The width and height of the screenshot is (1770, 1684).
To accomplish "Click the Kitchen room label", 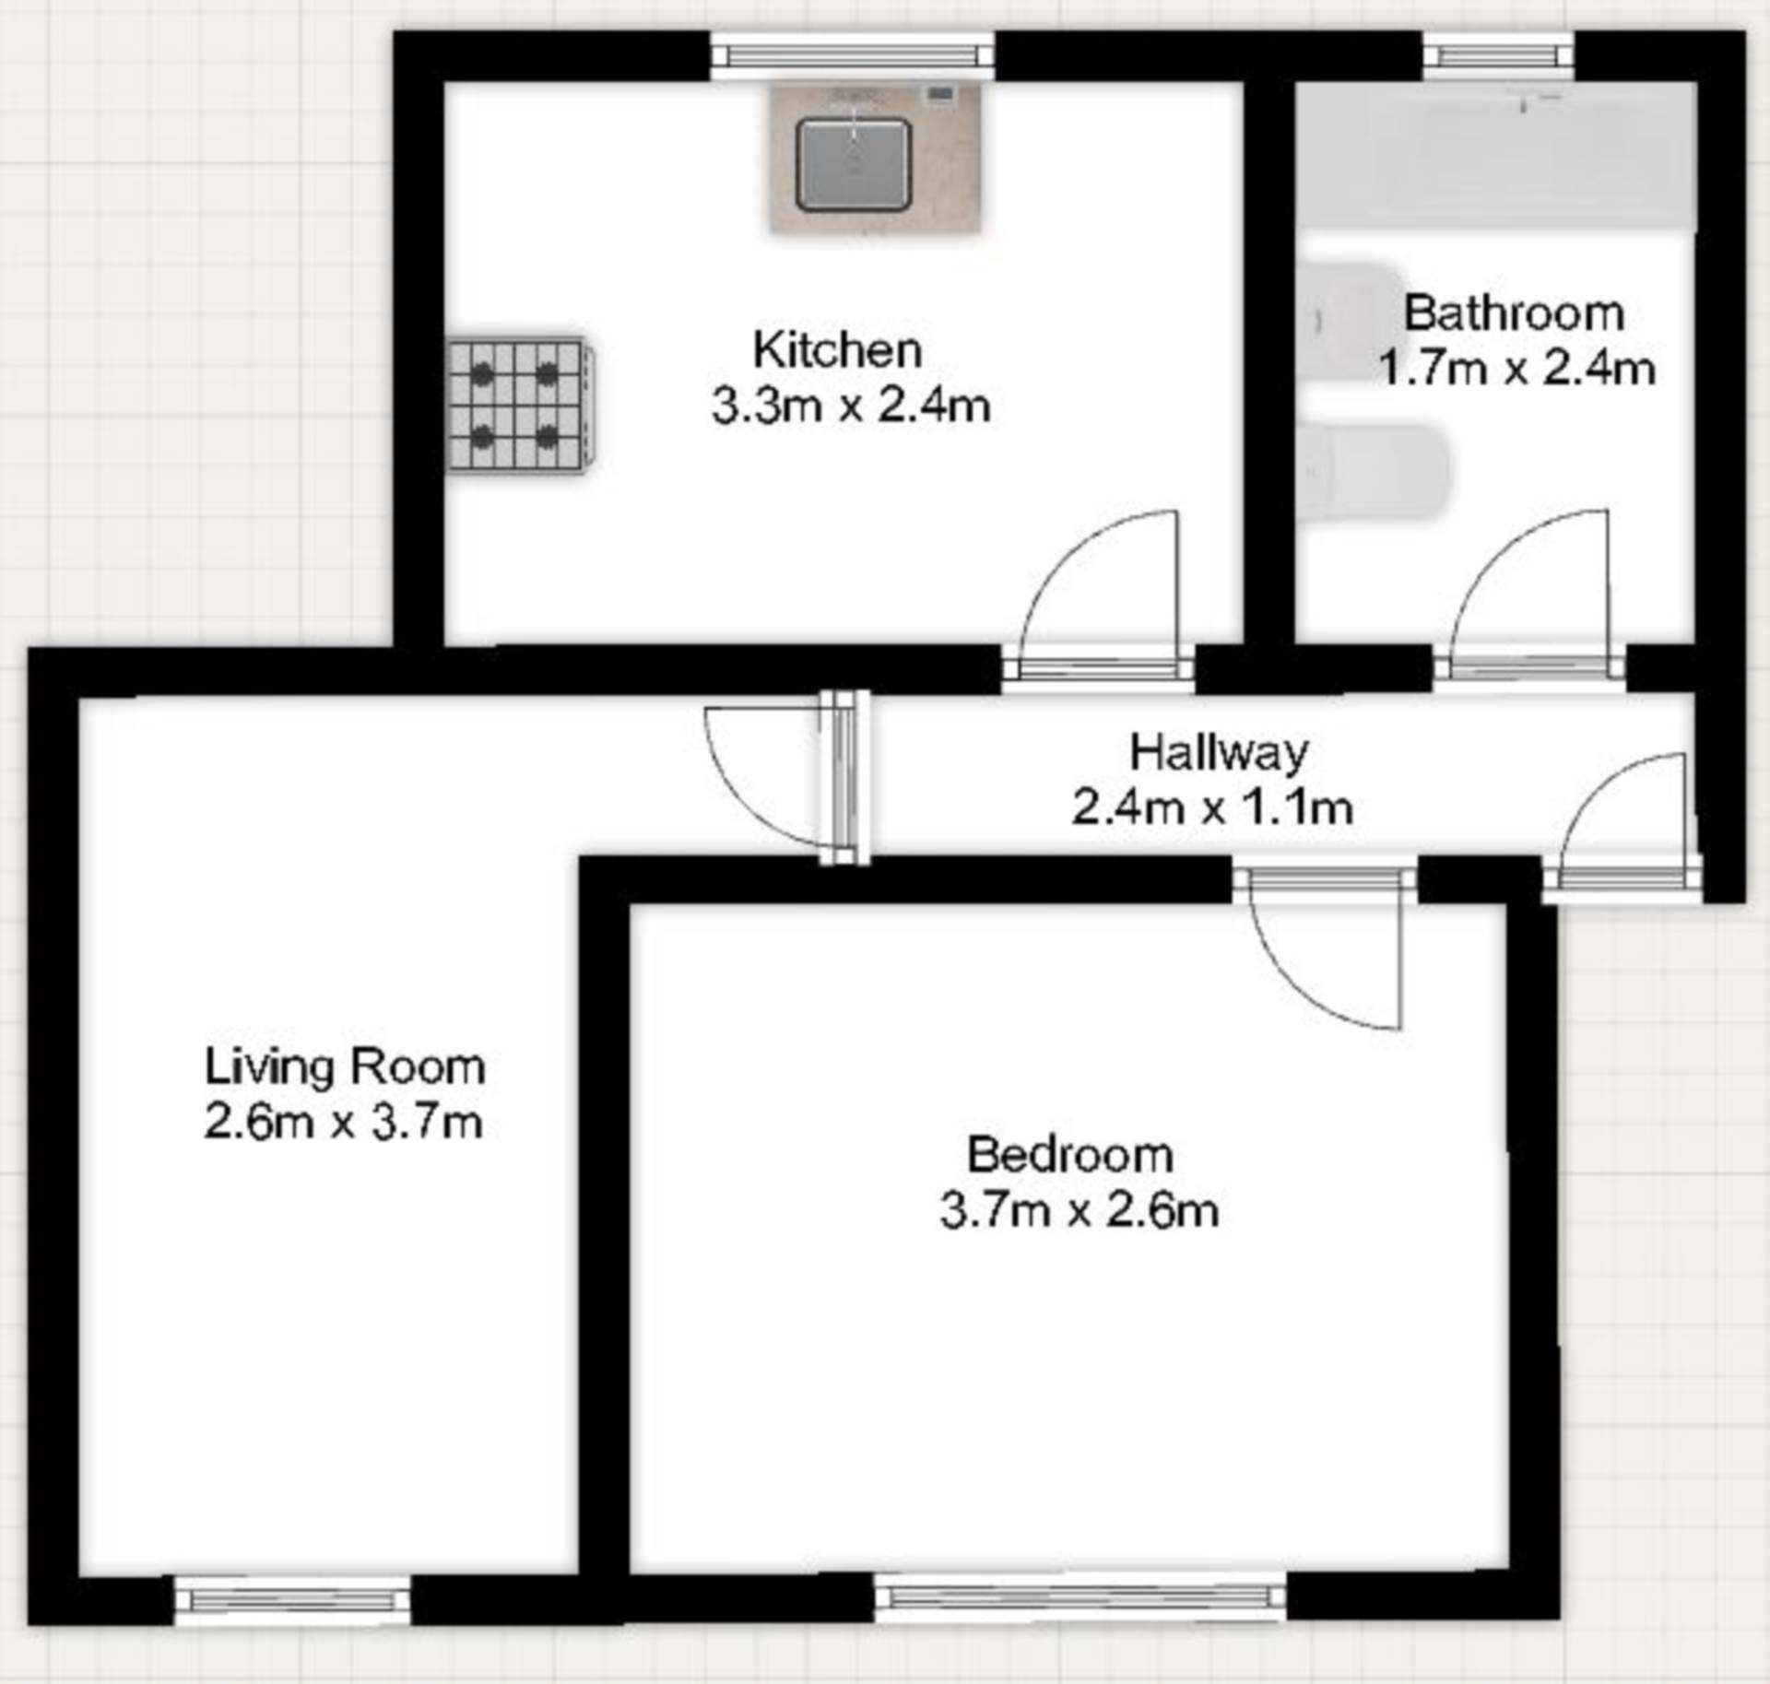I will [837, 350].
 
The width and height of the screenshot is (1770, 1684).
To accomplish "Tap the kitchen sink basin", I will [854, 165].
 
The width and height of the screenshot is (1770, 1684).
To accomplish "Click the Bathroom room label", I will [1513, 313].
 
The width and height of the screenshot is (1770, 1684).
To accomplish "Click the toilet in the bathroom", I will [1374, 471].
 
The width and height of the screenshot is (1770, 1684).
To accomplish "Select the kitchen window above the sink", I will [853, 56].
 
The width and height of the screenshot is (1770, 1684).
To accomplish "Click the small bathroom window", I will [1498, 56].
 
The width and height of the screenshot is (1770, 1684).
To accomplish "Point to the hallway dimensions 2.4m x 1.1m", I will [1211, 808].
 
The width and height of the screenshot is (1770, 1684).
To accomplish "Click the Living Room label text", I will [345, 1067].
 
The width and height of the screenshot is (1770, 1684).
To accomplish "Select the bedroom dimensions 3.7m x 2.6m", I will [1079, 1210].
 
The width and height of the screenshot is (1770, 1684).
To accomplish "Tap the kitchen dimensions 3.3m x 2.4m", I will [850, 406].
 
